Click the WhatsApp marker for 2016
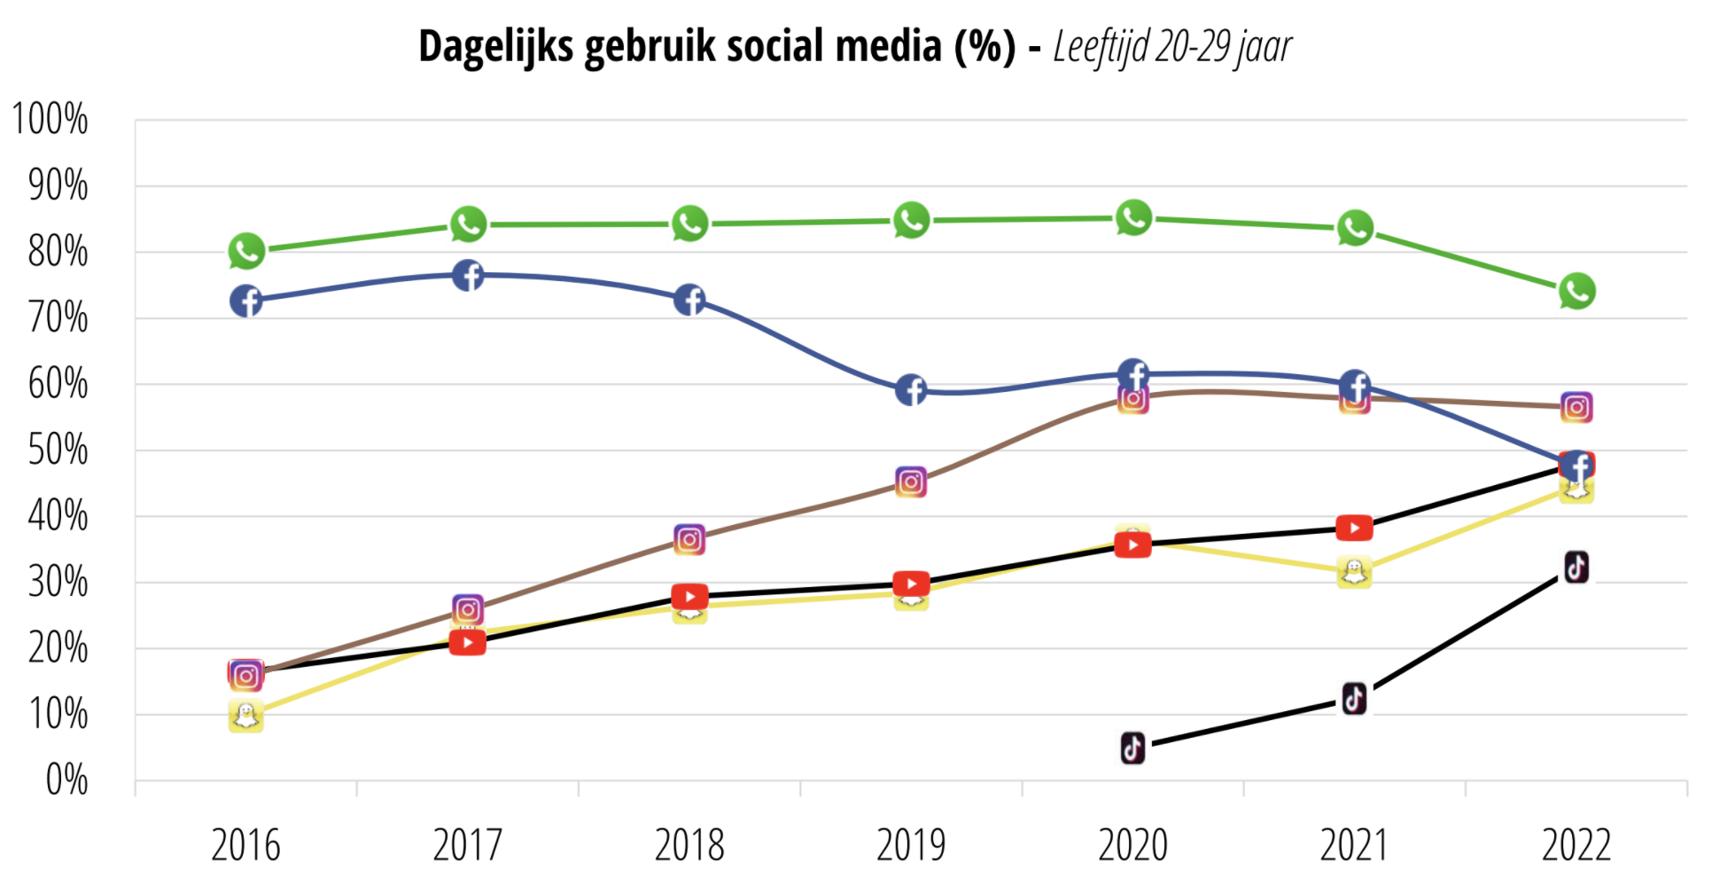coord(246,252)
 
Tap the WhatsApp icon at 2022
coord(1576,291)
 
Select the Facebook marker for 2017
coord(468,276)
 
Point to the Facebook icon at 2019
coord(911,390)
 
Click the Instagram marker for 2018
coord(689,539)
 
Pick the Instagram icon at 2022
coord(1576,407)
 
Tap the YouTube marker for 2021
coord(1354,529)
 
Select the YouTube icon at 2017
coord(467,642)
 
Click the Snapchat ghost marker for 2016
coord(245,716)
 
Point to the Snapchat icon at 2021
coord(1354,572)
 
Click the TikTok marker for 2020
coord(1132,748)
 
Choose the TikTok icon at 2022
coord(1576,567)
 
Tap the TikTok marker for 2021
coord(1354,699)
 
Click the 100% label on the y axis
coord(51,120)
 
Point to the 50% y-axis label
coord(58,450)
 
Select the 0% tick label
coord(66,781)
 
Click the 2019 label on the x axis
coord(911,845)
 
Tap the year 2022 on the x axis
coord(1576,845)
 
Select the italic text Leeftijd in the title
coord(1101,47)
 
